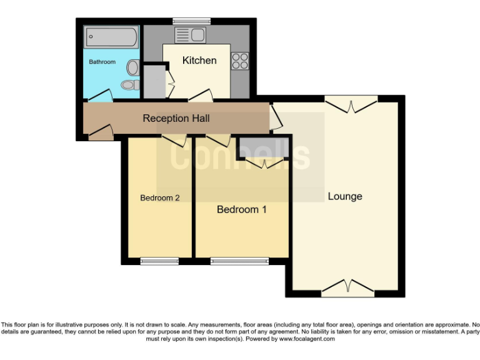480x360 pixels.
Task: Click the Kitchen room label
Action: (199, 61)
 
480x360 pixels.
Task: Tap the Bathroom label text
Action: (102, 62)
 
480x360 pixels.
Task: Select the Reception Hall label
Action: (176, 118)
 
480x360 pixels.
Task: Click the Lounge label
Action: (345, 196)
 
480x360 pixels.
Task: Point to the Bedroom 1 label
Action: (241, 209)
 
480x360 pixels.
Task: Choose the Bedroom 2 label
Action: (160, 198)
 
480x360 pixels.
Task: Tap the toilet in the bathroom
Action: (130, 84)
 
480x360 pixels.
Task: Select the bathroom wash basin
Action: (133, 66)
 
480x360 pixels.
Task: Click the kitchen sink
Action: (191, 34)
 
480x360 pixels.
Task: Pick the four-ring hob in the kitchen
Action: (241, 60)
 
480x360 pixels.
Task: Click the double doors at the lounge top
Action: (351, 104)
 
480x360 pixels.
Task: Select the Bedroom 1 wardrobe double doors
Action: (263, 162)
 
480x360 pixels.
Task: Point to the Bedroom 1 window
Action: (239, 261)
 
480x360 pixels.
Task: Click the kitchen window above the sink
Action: (191, 22)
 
